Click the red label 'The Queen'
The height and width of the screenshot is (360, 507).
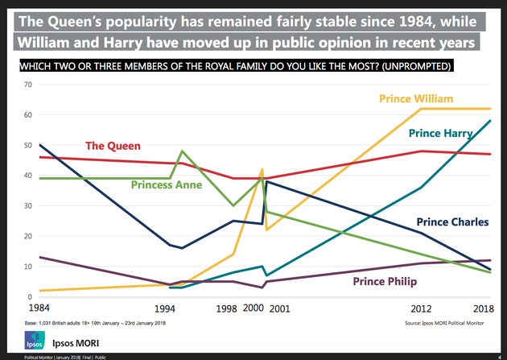click(x=113, y=146)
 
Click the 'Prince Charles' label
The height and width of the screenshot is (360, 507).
click(x=452, y=222)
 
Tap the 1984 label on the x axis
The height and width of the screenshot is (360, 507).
click(x=39, y=308)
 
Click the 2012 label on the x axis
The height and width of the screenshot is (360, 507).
click(x=421, y=308)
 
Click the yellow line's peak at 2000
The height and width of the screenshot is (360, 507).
click(x=262, y=169)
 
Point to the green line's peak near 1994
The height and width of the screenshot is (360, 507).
click(x=183, y=151)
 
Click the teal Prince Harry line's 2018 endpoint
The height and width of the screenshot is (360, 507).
click(x=491, y=121)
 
